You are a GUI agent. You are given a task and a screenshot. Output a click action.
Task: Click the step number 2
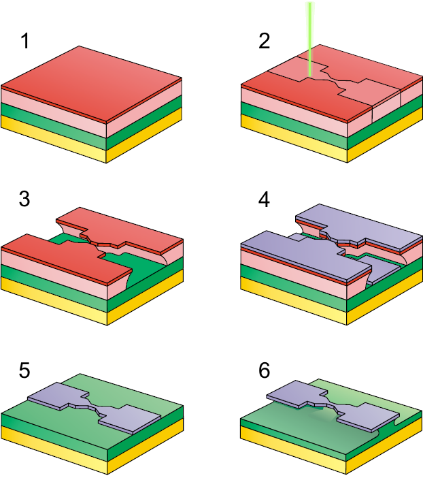pyautogui.click(x=265, y=41)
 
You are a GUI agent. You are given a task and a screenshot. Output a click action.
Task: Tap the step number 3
pyautogui.click(x=24, y=199)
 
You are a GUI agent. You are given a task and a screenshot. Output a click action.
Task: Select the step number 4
pyautogui.click(x=264, y=199)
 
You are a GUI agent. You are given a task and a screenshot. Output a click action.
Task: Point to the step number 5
pyautogui.click(x=24, y=370)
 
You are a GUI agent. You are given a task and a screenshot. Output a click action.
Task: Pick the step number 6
pyautogui.click(x=265, y=370)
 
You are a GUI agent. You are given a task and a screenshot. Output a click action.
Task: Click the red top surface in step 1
pyautogui.click(x=92, y=83)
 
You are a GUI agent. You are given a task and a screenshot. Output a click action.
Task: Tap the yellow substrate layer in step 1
pyautogui.click(x=54, y=140)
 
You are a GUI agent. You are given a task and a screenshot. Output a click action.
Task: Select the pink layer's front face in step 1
pyautogui.click(x=54, y=112)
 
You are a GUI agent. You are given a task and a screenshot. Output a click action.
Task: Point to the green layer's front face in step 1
pyautogui.click(x=54, y=126)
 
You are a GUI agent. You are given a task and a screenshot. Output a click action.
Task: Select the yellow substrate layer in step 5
pyautogui.click(x=54, y=450)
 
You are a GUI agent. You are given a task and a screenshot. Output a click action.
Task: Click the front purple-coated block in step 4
pyautogui.click(x=306, y=257)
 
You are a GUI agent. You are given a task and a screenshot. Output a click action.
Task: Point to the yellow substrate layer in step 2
pyautogui.click(x=294, y=140)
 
